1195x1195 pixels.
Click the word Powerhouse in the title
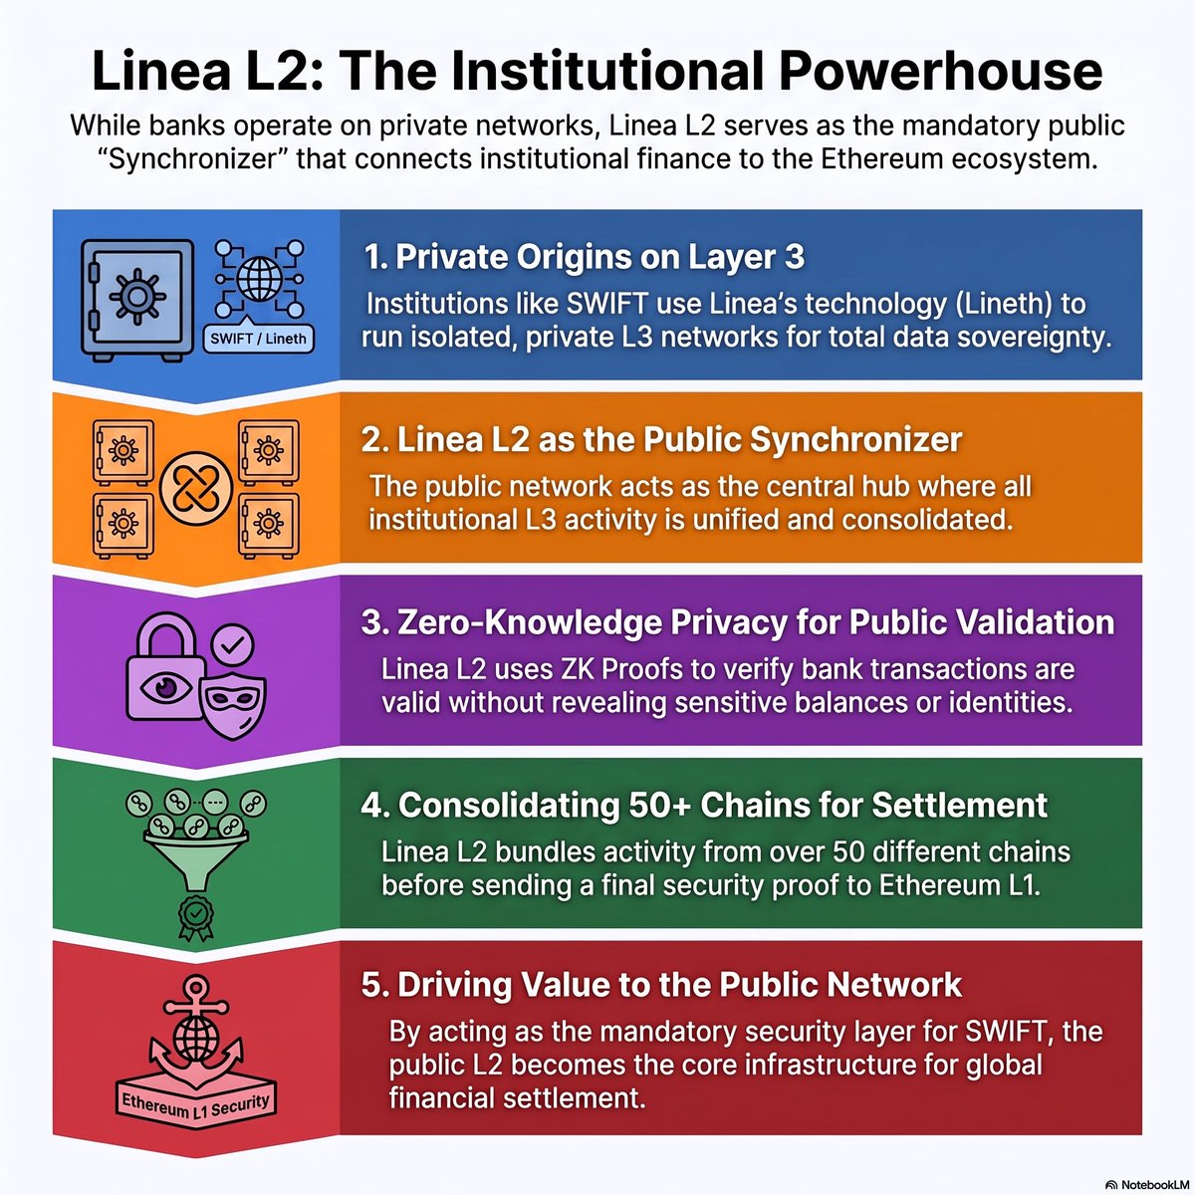point(940,72)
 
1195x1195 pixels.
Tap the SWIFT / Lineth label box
point(259,339)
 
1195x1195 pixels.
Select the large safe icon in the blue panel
point(137,300)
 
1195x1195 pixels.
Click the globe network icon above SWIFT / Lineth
point(259,279)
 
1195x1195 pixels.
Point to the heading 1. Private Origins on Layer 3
point(584,256)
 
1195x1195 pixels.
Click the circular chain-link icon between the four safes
point(196,488)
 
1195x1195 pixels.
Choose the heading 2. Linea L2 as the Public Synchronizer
point(661,440)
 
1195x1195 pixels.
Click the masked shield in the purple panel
point(234,705)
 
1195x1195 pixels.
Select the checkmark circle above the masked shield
point(233,645)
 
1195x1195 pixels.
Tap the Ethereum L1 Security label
point(196,1104)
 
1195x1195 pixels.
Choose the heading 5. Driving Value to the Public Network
point(661,985)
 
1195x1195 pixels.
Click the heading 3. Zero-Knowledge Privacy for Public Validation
point(738,622)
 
